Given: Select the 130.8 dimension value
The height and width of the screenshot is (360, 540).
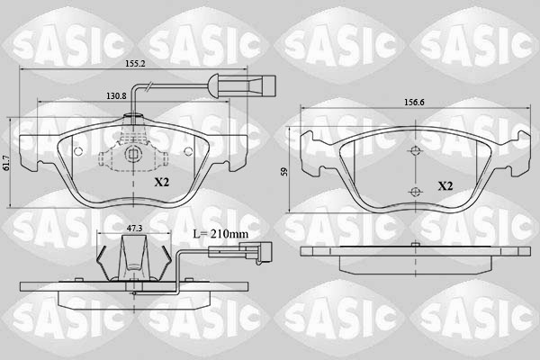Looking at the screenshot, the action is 116,95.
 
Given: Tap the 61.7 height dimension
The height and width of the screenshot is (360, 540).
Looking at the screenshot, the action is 4,163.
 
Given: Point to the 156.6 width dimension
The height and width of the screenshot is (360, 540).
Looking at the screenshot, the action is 414,103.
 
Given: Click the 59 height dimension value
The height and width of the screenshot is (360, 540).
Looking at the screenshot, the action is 284,172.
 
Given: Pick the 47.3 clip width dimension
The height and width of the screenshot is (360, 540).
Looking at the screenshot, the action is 134,228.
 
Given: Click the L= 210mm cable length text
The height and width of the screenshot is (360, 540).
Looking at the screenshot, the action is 220,234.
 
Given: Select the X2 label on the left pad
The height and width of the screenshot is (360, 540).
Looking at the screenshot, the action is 161,182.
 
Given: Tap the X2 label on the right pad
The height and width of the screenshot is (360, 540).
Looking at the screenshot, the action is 445,186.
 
